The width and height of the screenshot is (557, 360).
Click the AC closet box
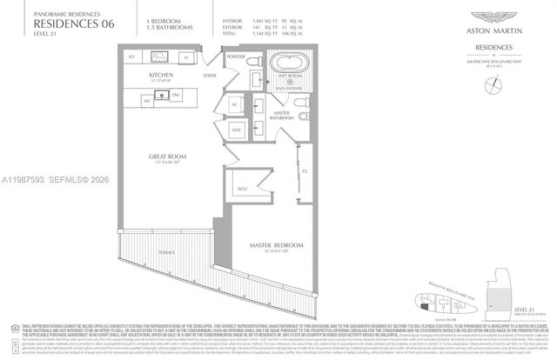coord(235,105)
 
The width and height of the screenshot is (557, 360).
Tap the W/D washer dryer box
coord(235,130)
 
